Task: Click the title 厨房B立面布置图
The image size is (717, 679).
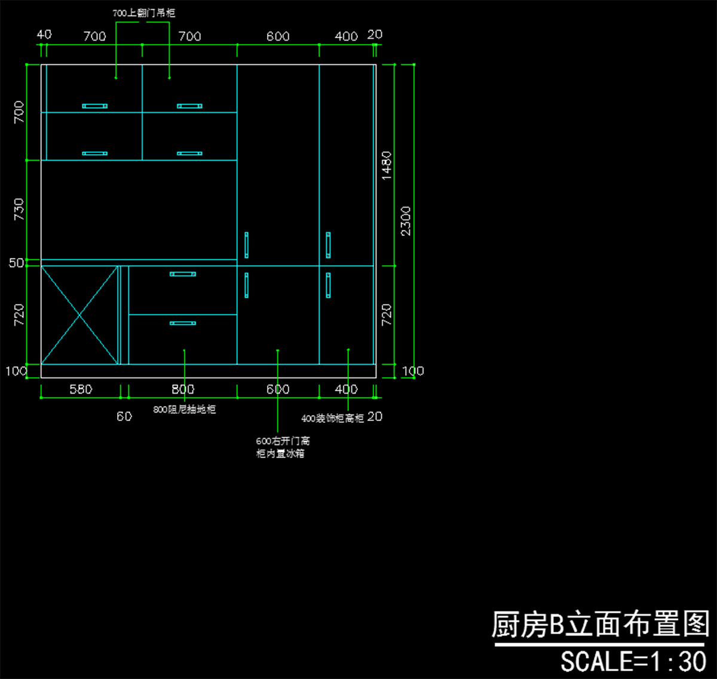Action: point(600,625)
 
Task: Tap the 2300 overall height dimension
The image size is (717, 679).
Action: point(406,221)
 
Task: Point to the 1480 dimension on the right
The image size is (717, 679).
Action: point(387,165)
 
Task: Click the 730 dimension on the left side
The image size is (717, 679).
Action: point(19,210)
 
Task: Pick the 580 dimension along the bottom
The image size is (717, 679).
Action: point(81,389)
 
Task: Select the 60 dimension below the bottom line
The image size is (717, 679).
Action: point(124,416)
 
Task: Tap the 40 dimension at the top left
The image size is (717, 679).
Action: point(44,35)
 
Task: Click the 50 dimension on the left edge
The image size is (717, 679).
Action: point(16,263)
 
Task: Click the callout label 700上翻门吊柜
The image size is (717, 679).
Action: point(144,13)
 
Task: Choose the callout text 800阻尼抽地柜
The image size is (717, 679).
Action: point(184,410)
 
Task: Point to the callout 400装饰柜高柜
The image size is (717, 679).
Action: point(332,418)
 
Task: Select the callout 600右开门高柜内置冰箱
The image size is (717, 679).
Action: point(283,447)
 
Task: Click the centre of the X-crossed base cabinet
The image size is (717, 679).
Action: point(79,315)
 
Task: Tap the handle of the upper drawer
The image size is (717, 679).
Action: point(183,274)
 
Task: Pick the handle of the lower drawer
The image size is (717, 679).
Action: point(183,323)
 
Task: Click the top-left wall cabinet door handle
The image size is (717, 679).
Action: point(95,106)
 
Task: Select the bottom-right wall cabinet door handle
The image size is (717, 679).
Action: point(189,153)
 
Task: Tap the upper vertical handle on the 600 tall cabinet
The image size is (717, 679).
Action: point(246,245)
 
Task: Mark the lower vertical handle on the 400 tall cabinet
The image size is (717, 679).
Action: point(328,285)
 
